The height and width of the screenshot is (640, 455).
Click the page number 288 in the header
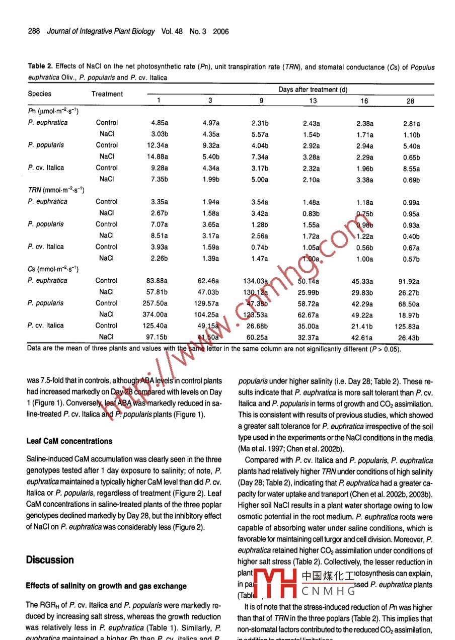[x=34, y=31]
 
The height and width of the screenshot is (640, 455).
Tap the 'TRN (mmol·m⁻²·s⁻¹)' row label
[x=55, y=190]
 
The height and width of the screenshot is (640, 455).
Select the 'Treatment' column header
[x=107, y=94]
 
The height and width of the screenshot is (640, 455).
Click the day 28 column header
[x=410, y=101]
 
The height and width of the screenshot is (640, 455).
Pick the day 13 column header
[x=313, y=101]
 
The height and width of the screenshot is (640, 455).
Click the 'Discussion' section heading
[x=50, y=560]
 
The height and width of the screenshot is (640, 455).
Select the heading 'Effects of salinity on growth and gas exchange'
[x=106, y=586]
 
